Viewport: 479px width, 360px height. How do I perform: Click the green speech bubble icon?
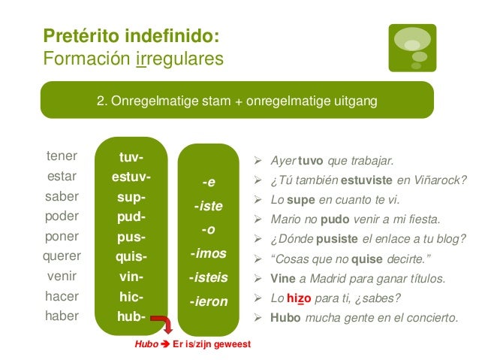pyautogui.click(x=412, y=47)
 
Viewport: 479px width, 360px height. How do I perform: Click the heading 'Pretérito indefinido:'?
pyautogui.click(x=131, y=35)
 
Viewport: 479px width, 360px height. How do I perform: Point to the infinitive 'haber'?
pyautogui.click(x=62, y=316)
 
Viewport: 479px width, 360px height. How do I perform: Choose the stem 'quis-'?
pyautogui.click(x=131, y=258)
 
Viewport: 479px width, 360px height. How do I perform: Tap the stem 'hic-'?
pyautogui.click(x=131, y=297)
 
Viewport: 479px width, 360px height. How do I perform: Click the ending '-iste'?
pyautogui.click(x=208, y=205)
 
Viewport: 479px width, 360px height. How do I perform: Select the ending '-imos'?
pyautogui.click(x=208, y=253)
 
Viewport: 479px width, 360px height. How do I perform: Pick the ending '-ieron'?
pyautogui.click(x=208, y=301)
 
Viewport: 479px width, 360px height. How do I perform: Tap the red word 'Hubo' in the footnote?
pyautogui.click(x=146, y=344)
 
